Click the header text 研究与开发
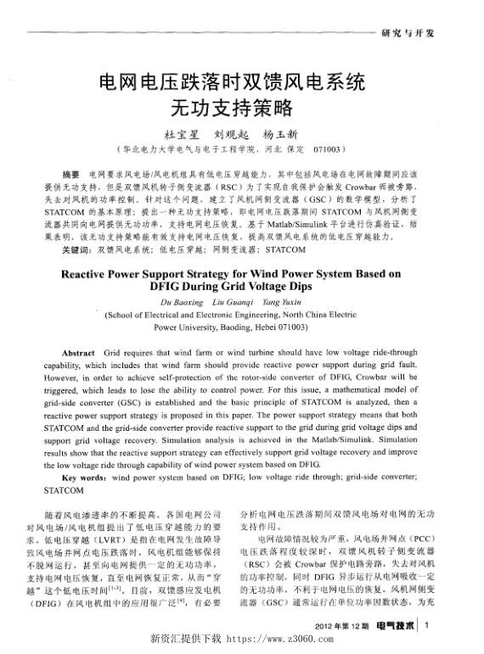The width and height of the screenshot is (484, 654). tap(408, 33)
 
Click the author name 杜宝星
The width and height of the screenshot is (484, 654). tap(180, 135)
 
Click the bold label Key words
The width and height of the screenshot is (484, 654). tap(84, 478)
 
